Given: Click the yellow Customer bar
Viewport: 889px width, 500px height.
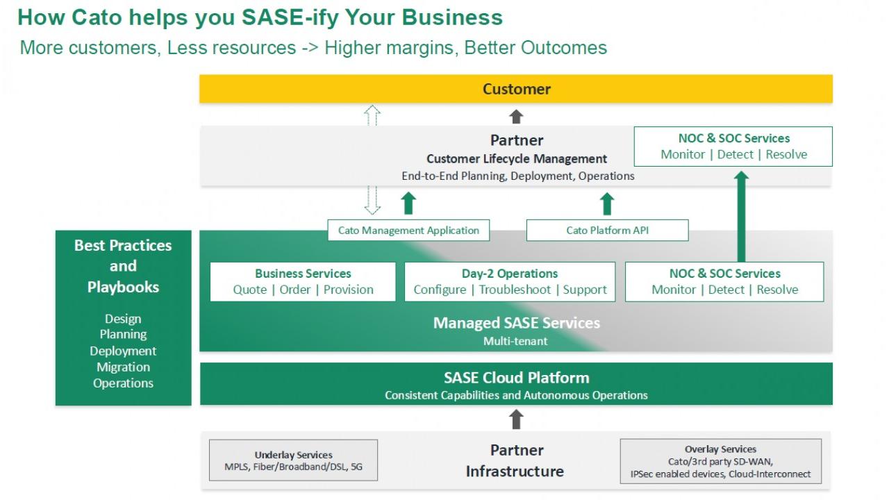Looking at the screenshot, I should click(516, 89).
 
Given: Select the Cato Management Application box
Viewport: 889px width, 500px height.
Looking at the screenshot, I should click(408, 231).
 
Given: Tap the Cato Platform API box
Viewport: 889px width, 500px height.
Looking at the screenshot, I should click(607, 231).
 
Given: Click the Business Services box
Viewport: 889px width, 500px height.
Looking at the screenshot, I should click(303, 281).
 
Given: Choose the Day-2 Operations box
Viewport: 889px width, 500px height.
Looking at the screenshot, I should click(510, 281).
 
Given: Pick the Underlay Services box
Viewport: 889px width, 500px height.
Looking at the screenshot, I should click(293, 460).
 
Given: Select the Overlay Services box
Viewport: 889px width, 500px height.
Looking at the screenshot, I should click(720, 460).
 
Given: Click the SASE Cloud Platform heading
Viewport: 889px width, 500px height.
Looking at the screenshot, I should click(516, 378).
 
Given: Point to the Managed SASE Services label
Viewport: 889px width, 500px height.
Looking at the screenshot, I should click(516, 323).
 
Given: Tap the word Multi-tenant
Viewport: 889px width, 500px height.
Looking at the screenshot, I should click(515, 341).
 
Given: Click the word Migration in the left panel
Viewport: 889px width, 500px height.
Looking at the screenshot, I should click(123, 367).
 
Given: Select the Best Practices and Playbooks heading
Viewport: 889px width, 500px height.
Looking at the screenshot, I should click(123, 266).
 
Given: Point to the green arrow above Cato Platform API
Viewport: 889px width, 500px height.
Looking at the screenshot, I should click(607, 203).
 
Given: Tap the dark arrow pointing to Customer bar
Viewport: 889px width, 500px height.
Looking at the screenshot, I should click(516, 116).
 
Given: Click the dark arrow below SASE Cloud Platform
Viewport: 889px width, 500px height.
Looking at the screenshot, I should click(516, 419).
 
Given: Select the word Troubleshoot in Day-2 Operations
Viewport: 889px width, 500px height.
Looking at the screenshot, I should click(515, 290).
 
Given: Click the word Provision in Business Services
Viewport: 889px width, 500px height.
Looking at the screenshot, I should click(349, 290).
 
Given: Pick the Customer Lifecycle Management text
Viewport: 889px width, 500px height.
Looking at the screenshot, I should click(517, 159).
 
